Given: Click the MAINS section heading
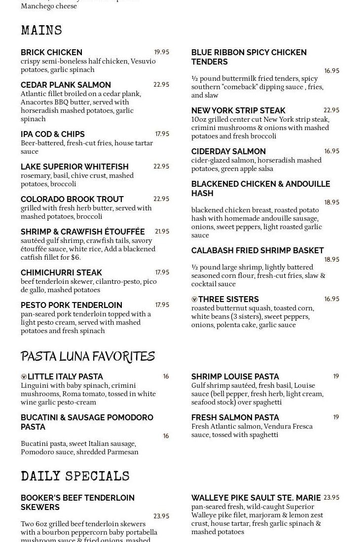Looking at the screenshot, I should (x=41, y=31).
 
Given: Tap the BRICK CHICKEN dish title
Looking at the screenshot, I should (x=51, y=52).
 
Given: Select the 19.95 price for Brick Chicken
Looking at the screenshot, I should (x=161, y=52).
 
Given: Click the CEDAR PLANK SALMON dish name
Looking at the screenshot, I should (x=66, y=85).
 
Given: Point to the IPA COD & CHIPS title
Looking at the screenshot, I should (x=53, y=134).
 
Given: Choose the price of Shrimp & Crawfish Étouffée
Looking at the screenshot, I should (x=162, y=232).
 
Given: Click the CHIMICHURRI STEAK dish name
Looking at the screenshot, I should (x=61, y=272).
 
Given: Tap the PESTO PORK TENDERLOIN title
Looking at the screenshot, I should (x=72, y=305).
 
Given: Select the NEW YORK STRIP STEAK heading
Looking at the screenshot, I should (x=238, y=110).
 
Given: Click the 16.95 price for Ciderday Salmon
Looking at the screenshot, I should (x=331, y=151).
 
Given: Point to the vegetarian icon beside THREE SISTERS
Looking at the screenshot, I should (x=194, y=300).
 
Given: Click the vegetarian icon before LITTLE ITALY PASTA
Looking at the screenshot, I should (x=24, y=377).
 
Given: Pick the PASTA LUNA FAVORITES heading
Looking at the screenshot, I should (x=88, y=356).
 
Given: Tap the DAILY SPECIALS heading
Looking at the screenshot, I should (x=75, y=476).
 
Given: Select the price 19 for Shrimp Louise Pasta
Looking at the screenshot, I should (x=336, y=376).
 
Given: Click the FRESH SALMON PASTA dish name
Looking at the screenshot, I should (x=235, y=417).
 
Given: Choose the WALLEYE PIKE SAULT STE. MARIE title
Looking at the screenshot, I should (x=256, y=498).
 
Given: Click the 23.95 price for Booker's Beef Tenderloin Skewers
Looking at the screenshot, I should (x=161, y=516).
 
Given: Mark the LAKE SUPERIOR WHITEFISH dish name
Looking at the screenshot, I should (x=74, y=167).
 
